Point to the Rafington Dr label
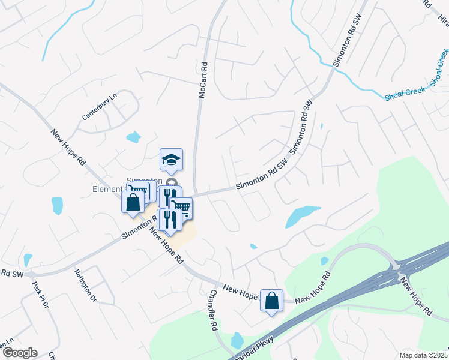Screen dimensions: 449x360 [85, 284]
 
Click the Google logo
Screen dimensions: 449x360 [19, 353]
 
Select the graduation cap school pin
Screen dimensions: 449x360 [171, 160]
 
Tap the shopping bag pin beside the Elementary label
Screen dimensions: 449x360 [133, 202]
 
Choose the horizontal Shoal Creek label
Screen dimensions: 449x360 [406, 91]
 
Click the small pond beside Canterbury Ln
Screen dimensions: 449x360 [133, 137]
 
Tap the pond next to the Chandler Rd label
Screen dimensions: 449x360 [237, 340]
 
